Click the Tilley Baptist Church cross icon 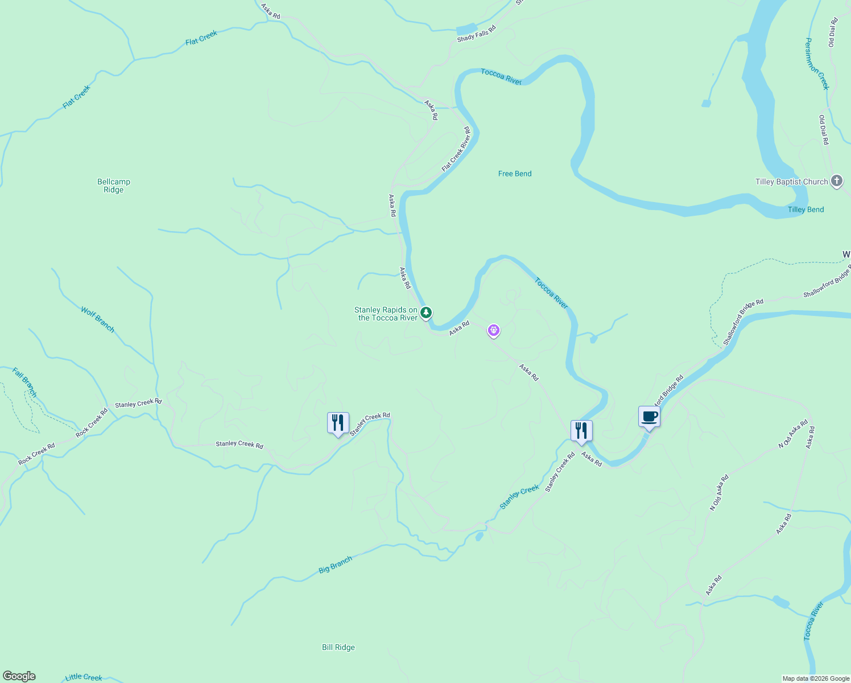(x=836, y=182)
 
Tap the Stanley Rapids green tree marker (x=425, y=312)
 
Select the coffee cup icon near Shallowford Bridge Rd (x=649, y=417)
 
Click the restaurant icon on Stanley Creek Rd (x=338, y=423)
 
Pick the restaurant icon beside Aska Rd (x=581, y=431)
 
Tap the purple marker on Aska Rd (x=494, y=330)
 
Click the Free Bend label (x=515, y=174)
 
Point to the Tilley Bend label (x=805, y=209)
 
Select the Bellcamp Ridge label (x=114, y=186)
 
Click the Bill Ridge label (x=338, y=647)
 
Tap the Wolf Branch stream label (x=97, y=320)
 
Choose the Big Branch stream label (x=335, y=565)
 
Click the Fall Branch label (x=24, y=382)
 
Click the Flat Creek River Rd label (x=456, y=149)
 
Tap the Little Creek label (x=84, y=677)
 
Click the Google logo (x=19, y=676)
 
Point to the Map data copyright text (x=815, y=678)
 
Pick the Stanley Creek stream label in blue (x=519, y=497)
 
